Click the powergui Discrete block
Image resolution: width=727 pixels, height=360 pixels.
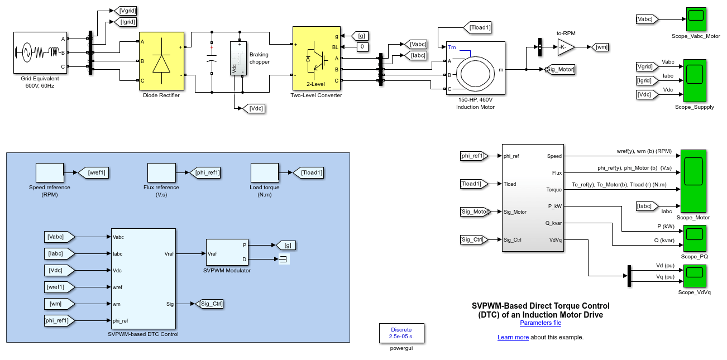(401, 333)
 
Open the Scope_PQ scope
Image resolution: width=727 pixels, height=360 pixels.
(695, 238)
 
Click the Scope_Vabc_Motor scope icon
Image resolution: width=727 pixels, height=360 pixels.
(696, 20)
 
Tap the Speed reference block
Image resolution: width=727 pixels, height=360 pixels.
(50, 173)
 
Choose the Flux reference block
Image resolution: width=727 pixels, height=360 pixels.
(161, 173)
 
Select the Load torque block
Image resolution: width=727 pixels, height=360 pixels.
(265, 173)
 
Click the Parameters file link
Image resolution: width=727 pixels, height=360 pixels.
(540, 323)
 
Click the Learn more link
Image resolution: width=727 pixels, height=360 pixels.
(513, 338)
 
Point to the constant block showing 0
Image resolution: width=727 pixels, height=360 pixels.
(362, 47)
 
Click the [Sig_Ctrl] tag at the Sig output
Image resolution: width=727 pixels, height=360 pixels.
(210, 304)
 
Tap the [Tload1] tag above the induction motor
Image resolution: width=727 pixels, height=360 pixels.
(479, 27)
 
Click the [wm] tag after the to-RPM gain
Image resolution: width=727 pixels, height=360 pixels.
(601, 47)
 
